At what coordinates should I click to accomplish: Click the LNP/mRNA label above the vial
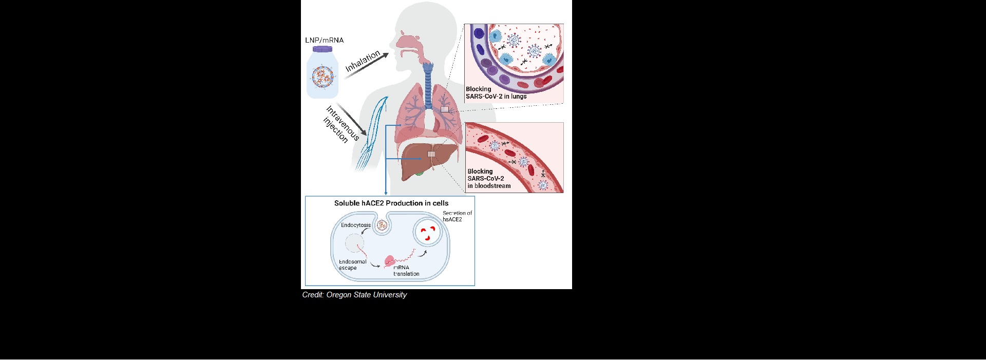click(325, 40)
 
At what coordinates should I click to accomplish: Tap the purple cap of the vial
click(323, 49)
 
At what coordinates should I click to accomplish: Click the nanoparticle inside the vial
click(323, 76)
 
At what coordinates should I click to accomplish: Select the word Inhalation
click(363, 61)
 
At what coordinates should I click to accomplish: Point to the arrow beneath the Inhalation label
click(366, 66)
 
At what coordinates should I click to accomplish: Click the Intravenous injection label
click(342, 124)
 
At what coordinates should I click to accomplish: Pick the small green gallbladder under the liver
click(420, 173)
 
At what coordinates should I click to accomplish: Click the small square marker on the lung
click(445, 109)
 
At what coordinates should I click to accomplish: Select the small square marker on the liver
click(431, 154)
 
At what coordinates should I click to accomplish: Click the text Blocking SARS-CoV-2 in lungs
click(496, 92)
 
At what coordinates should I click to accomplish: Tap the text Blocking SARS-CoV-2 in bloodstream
click(489, 179)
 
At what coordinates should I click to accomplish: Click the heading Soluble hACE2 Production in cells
click(391, 203)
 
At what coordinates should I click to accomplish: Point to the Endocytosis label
click(356, 225)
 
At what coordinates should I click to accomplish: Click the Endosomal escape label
click(353, 265)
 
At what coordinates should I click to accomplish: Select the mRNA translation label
click(406, 271)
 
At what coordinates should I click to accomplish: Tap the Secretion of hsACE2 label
click(457, 216)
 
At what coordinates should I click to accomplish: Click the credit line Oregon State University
click(354, 295)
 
